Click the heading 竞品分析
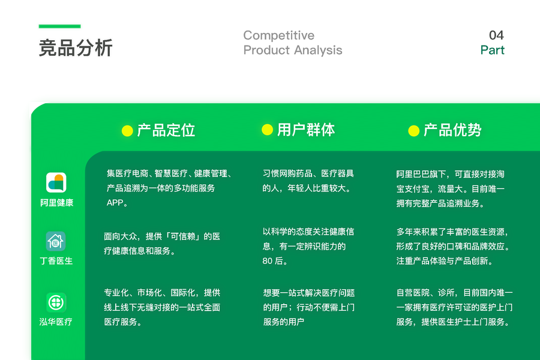click(x=76, y=47)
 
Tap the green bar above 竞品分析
click(x=59, y=26)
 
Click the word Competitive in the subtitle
click(x=278, y=35)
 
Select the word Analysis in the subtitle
click(x=318, y=50)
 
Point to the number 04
click(x=496, y=35)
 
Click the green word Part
click(x=493, y=50)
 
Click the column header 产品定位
click(x=166, y=130)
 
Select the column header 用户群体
click(x=306, y=130)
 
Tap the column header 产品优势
click(x=452, y=130)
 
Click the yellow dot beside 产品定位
click(x=127, y=131)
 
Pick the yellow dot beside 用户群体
click(x=267, y=130)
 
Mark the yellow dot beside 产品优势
click(x=413, y=131)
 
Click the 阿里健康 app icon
click(x=56, y=182)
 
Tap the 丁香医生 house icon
click(x=56, y=241)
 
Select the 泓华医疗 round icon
click(x=56, y=302)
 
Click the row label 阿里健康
click(x=57, y=203)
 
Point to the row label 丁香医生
click(x=56, y=261)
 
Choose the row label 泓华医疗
click(x=56, y=322)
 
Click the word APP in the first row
click(x=115, y=203)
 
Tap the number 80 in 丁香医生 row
click(x=267, y=261)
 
